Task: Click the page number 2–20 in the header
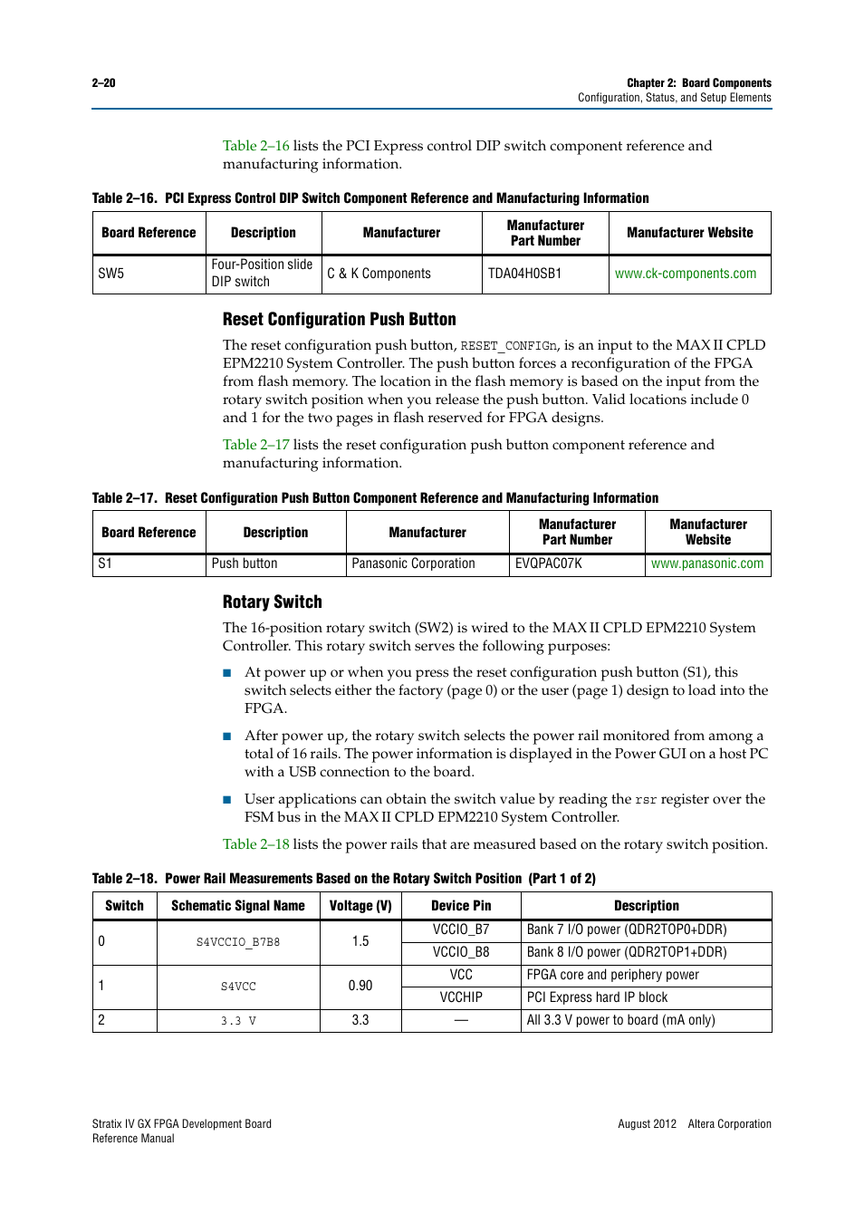tap(103, 82)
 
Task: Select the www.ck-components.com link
tap(685, 274)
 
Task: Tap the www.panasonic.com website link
tap(706, 563)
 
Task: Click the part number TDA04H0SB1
tap(524, 274)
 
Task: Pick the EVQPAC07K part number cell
tap(548, 563)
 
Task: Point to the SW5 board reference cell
tap(111, 274)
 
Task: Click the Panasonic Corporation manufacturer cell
tap(413, 563)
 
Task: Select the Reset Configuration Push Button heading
tap(339, 319)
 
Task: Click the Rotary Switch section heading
tap(272, 602)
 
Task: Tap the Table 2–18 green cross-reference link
tap(255, 843)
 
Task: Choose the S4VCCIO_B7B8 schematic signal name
tap(238, 942)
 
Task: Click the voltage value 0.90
tap(360, 986)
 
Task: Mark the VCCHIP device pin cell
tap(461, 997)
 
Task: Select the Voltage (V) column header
tap(360, 906)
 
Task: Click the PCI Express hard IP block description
tap(597, 997)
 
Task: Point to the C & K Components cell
tap(379, 274)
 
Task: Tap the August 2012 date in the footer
tap(647, 1123)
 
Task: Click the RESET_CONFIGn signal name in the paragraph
tap(508, 346)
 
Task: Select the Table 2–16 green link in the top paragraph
tap(255, 146)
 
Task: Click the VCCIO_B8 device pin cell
tap(461, 952)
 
